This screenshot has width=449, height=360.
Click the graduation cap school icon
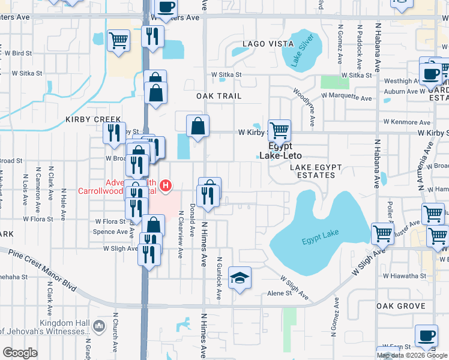240,278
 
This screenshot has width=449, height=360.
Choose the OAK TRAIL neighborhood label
218,96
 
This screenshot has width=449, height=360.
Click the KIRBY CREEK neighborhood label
94,119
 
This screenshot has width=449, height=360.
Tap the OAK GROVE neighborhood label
400,306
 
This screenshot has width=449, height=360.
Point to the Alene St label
279,293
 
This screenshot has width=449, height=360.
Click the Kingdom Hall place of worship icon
99,326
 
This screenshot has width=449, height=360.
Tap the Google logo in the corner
20,352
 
